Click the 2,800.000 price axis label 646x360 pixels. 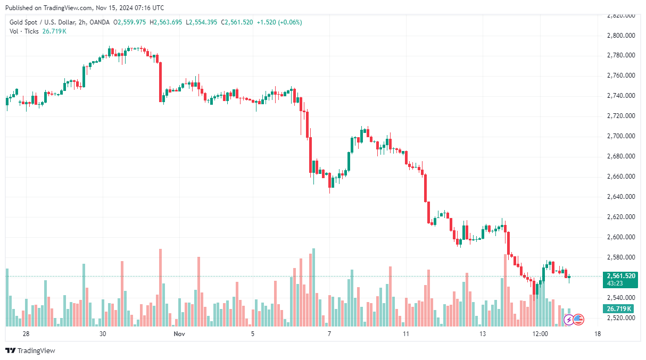[621, 36]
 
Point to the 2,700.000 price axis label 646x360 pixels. [621, 136]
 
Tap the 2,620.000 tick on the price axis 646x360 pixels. [621, 217]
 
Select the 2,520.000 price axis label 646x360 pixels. [621, 318]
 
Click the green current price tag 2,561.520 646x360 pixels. [620, 275]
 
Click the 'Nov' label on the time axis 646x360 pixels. [179, 334]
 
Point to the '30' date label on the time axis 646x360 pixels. [103, 334]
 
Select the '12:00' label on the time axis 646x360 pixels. [540, 334]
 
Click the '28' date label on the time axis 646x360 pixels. [26, 334]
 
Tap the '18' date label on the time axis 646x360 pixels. [598, 334]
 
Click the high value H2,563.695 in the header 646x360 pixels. [165, 22]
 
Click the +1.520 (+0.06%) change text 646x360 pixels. [279, 22]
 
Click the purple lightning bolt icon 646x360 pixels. [568, 320]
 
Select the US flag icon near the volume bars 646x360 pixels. [578, 320]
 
